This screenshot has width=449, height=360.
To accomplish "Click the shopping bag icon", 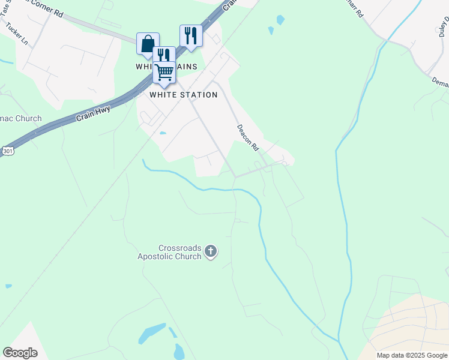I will point(148,44).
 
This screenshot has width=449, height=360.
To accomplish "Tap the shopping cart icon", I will point(164,72).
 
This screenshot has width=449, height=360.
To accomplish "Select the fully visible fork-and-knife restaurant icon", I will point(191,35).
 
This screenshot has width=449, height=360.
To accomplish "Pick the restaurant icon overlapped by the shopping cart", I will point(163,54).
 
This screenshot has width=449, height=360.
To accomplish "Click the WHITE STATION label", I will point(183,95).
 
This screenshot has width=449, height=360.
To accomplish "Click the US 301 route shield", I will point(7,151).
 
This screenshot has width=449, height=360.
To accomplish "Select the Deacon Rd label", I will point(247,135).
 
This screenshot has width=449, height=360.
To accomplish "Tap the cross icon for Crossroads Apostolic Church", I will point(210,251).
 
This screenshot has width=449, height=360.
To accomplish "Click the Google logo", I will point(20,353).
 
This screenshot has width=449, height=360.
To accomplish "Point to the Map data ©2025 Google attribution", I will point(412,355).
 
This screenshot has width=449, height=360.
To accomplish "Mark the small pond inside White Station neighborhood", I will point(162,133).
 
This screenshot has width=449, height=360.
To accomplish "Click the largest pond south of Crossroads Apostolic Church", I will point(152,333).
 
